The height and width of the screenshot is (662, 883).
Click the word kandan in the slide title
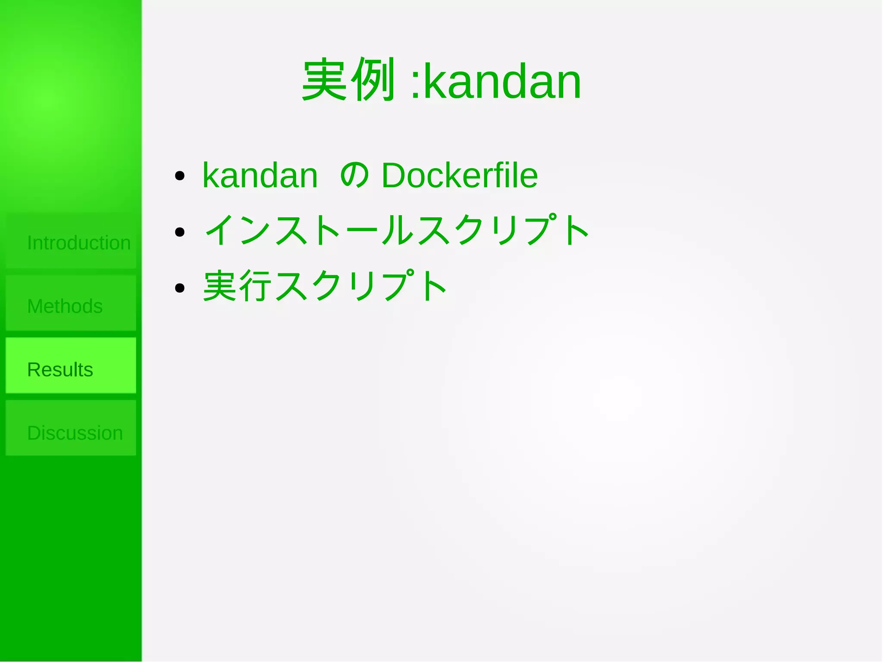point(502,82)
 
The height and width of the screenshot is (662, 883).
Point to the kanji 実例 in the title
point(348,80)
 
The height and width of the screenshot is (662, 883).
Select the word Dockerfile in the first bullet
point(460,176)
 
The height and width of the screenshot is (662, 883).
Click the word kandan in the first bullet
point(260,176)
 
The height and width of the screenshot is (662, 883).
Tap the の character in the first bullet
point(354,176)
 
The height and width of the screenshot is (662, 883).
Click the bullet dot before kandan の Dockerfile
point(180,176)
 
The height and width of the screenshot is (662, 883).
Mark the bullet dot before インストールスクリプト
point(180,232)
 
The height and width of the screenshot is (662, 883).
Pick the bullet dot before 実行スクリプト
point(180,288)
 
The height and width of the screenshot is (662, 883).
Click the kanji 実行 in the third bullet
point(238,286)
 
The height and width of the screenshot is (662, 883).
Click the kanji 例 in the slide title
point(373,80)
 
